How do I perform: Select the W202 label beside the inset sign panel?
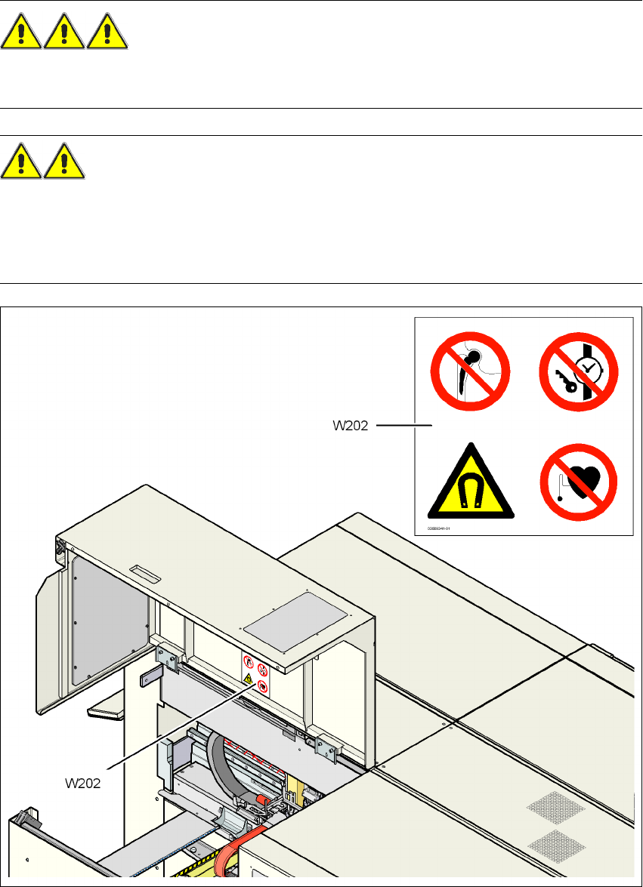click(351, 426)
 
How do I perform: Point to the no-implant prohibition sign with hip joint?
click(470, 375)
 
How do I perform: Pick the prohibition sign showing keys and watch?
click(578, 375)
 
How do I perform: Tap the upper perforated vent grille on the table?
click(555, 808)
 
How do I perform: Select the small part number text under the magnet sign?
click(438, 529)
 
